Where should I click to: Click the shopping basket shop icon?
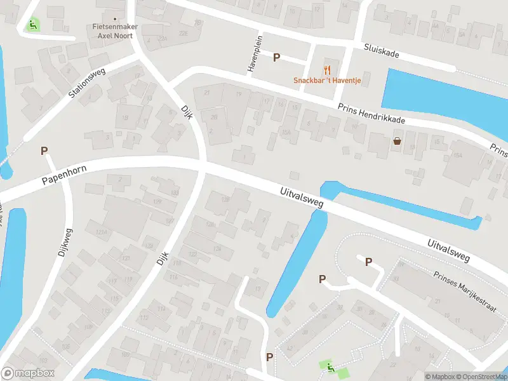[398, 141]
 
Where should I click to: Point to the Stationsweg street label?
[89, 83]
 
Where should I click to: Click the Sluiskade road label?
[381, 51]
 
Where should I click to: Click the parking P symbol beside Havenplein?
[276, 58]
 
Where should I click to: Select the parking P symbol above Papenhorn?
[44, 151]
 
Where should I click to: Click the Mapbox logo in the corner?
[27, 373]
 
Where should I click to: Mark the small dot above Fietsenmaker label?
[114, 19]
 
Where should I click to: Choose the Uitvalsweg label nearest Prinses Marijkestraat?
[448, 250]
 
